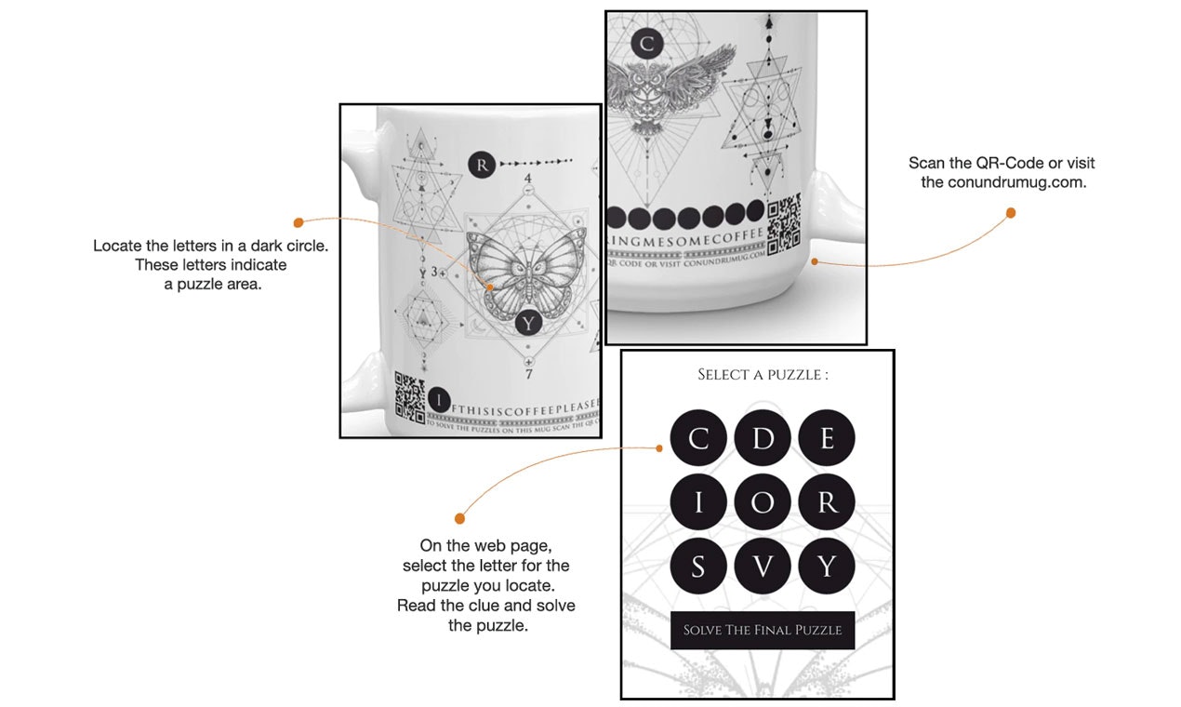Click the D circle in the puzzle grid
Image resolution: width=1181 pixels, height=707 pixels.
[763, 438]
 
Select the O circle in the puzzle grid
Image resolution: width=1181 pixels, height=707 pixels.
[763, 502]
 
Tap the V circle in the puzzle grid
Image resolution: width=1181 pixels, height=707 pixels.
[763, 566]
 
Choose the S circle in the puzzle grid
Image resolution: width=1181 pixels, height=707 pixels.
[697, 566]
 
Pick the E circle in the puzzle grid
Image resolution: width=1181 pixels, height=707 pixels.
[827, 438]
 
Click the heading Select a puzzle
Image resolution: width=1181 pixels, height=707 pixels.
[763, 375]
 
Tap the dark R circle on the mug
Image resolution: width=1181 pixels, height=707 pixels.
[481, 165]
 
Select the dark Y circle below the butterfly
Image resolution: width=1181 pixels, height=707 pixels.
[527, 323]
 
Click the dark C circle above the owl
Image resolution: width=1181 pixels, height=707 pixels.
[646, 43]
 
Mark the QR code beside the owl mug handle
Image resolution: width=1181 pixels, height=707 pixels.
[783, 222]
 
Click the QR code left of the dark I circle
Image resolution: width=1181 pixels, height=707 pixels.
[410, 396]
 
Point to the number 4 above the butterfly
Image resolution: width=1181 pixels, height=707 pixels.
[528, 178]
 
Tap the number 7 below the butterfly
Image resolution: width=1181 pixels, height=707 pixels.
[528, 374]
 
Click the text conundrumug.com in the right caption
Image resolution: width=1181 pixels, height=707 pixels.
[1003, 182]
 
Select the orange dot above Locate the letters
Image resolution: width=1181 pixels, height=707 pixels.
[299, 222]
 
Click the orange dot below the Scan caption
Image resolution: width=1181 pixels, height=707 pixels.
[1011, 213]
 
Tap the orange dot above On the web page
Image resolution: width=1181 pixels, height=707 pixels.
[459, 518]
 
